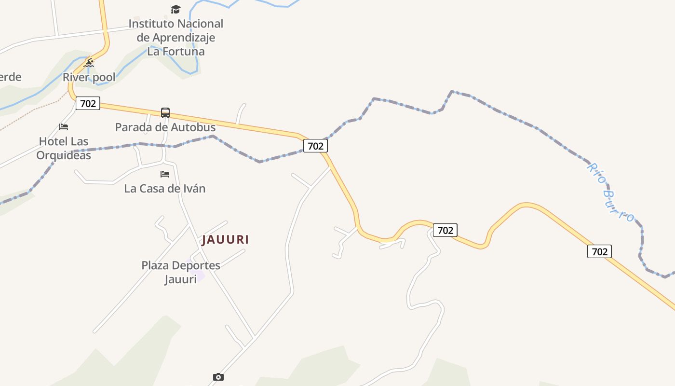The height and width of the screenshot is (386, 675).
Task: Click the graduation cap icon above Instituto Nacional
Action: point(176,9)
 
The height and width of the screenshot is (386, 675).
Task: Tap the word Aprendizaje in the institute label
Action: point(184,38)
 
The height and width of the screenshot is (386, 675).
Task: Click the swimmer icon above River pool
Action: point(89,63)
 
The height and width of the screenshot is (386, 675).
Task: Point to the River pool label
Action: point(89,77)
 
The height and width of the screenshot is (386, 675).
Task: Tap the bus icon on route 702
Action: point(165,113)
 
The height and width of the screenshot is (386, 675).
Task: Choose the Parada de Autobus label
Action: point(165,127)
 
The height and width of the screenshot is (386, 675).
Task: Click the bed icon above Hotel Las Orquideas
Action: point(64,127)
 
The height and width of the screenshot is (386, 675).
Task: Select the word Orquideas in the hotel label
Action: point(64,155)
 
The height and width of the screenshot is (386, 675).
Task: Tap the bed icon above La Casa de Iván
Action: point(165,174)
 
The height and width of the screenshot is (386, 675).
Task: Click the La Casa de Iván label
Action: point(165,188)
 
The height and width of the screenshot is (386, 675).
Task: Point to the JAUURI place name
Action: point(225,239)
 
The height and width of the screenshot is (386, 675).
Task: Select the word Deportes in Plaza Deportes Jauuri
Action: point(196,265)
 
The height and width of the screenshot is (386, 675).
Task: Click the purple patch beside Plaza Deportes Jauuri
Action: point(199,275)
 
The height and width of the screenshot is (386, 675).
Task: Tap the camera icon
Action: point(218,377)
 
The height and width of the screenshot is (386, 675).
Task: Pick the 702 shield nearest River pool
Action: point(88,103)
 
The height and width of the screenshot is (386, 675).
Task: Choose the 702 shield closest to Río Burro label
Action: point(599,251)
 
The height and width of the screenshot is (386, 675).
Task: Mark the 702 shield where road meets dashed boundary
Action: point(315,146)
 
